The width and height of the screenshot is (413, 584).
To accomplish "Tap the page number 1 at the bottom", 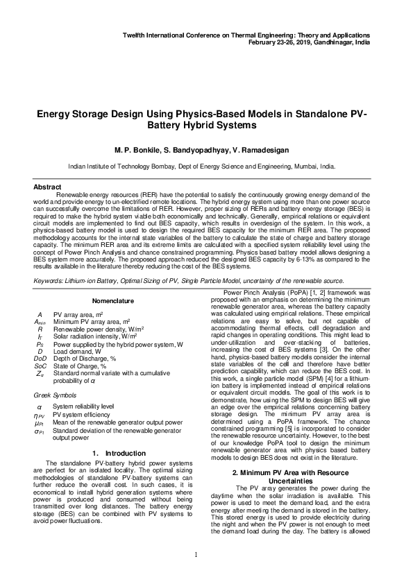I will tap(196, 553).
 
